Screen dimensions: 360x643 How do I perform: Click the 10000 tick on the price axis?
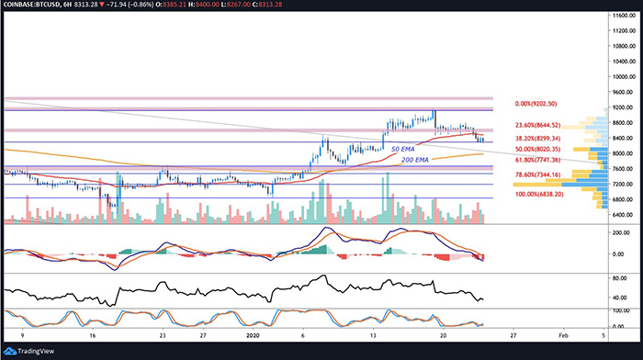pos(623,77)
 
